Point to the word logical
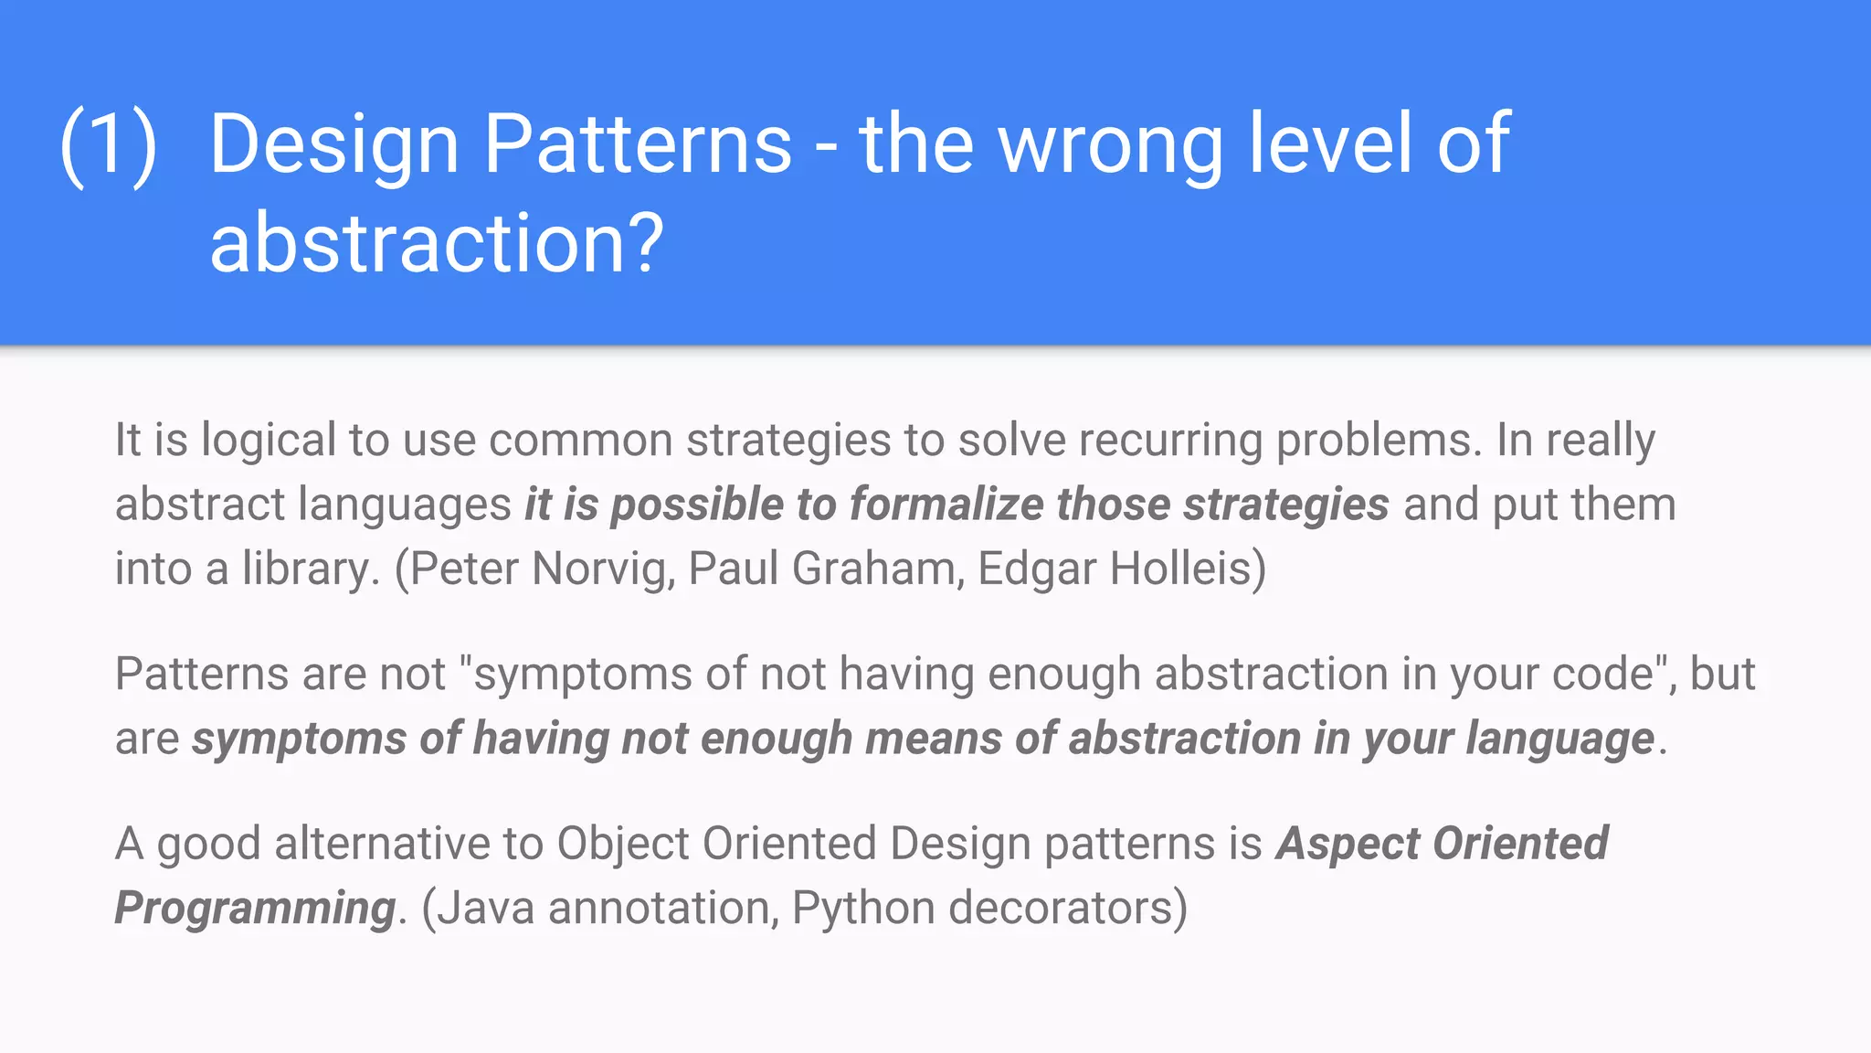pos(269,441)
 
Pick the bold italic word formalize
pos(946,505)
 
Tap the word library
pos(310,569)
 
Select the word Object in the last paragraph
pos(622,844)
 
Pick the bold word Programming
pos(255,909)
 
